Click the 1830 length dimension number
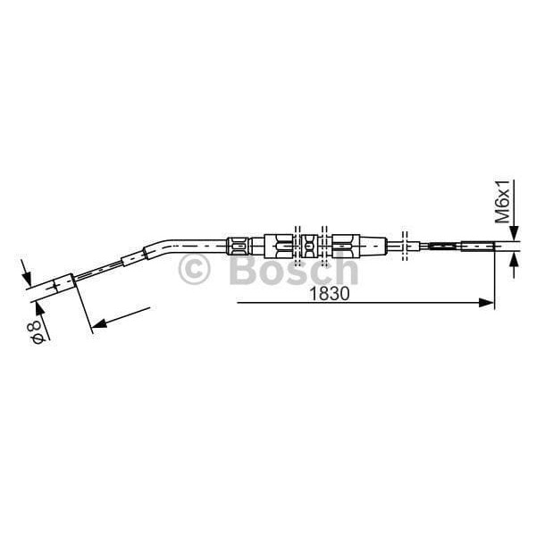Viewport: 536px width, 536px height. pyautogui.click(x=329, y=294)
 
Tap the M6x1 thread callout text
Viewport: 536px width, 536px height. pyautogui.click(x=503, y=201)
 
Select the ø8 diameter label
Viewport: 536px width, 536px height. pyautogui.click(x=36, y=331)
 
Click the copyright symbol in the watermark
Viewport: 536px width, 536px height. pyautogui.click(x=194, y=269)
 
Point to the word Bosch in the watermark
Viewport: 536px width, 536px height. pyautogui.click(x=294, y=269)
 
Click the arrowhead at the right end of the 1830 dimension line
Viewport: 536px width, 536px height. pyautogui.click(x=486, y=303)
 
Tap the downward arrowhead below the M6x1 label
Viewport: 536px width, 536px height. pyautogui.click(x=514, y=233)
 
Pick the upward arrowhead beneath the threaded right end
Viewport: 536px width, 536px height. pyautogui.click(x=514, y=261)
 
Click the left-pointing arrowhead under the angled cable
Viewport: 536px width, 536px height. pyautogui.click(x=99, y=322)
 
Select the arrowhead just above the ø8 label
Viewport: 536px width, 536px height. pyautogui.click(x=39, y=310)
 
